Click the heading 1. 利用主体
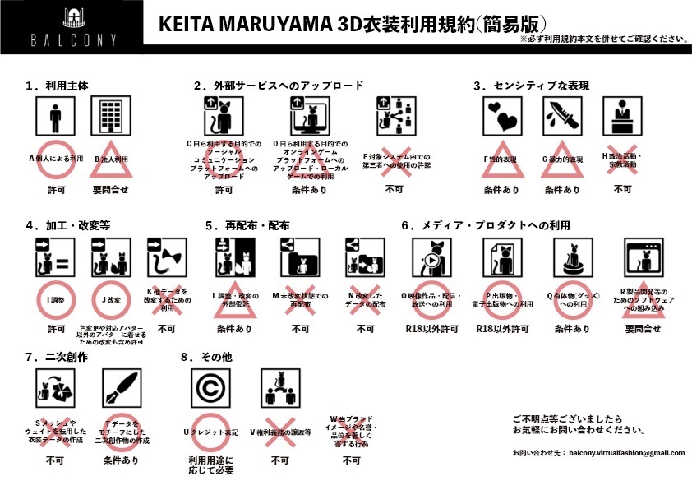click(x=57, y=86)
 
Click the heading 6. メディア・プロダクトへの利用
click(x=486, y=224)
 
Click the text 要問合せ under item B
click(x=109, y=190)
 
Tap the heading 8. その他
click(x=208, y=357)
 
